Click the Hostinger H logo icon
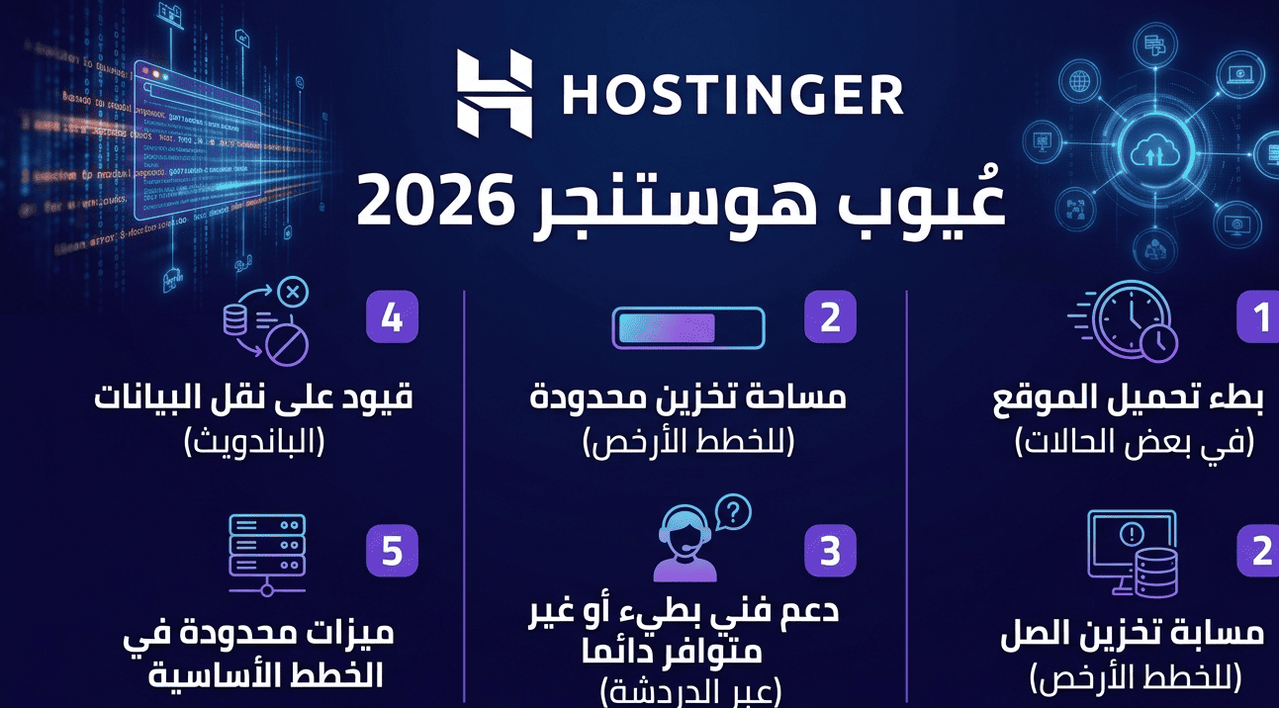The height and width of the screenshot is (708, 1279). coord(494,93)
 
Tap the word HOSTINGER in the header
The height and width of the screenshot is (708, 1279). coord(732,95)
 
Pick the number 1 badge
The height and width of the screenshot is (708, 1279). coord(1259,317)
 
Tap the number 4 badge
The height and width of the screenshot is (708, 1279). coord(392,318)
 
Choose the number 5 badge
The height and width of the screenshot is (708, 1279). coord(392,551)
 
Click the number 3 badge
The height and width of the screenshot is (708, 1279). coord(830,551)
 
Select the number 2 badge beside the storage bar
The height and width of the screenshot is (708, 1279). coord(830,317)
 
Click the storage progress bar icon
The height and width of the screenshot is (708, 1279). coord(688,327)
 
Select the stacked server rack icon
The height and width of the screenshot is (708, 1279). coord(267,551)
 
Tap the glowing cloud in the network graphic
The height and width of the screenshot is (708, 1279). coord(1158,152)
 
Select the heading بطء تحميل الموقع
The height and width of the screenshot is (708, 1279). coord(1129,399)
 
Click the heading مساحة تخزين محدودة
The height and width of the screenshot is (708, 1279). coord(688,399)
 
